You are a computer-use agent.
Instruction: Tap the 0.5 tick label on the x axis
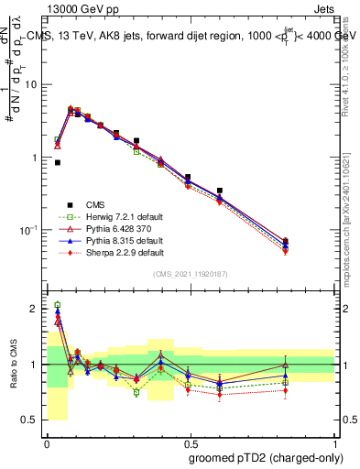pos(190,442)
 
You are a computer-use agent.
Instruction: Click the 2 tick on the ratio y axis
pos(37,310)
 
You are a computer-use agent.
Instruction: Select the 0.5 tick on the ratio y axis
pos(33,420)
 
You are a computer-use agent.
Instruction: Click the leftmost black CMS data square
pos(57,162)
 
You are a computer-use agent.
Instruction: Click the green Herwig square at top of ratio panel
pos(57,305)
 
